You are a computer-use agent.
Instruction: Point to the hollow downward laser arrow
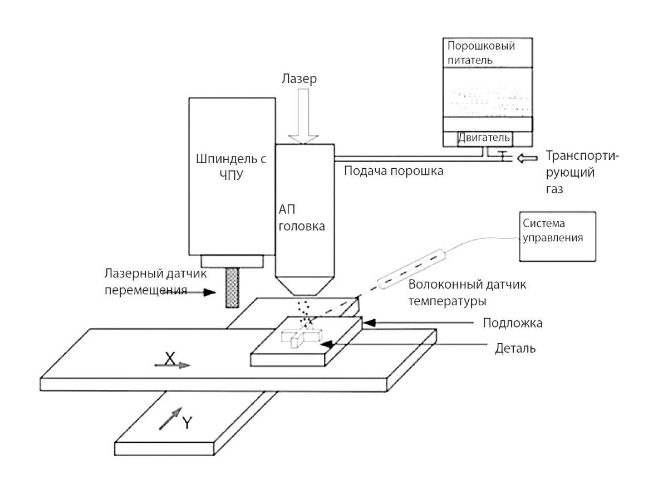click(304, 120)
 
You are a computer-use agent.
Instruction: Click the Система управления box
click(557, 236)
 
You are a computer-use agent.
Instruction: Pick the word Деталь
click(515, 349)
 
